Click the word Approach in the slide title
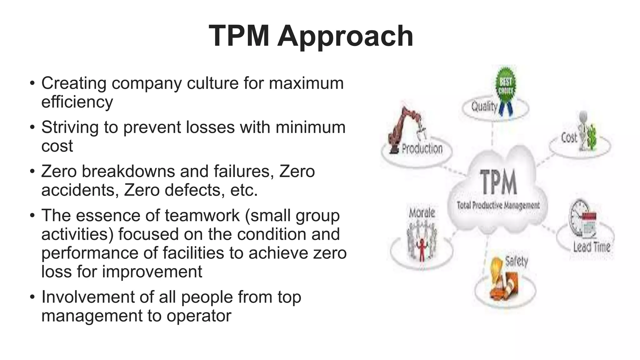click(x=345, y=37)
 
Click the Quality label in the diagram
click(x=484, y=107)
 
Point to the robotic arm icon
click(x=403, y=128)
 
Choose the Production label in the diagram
click(x=422, y=148)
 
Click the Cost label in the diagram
click(x=569, y=137)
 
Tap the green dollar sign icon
click(x=591, y=137)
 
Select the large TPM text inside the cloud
click(x=498, y=182)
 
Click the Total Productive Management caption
click(x=498, y=205)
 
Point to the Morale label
click(x=422, y=213)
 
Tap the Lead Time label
click(x=592, y=247)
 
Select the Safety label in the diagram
click(x=517, y=261)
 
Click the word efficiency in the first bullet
click(x=77, y=102)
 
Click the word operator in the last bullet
click(x=199, y=316)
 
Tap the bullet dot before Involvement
click(x=32, y=297)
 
